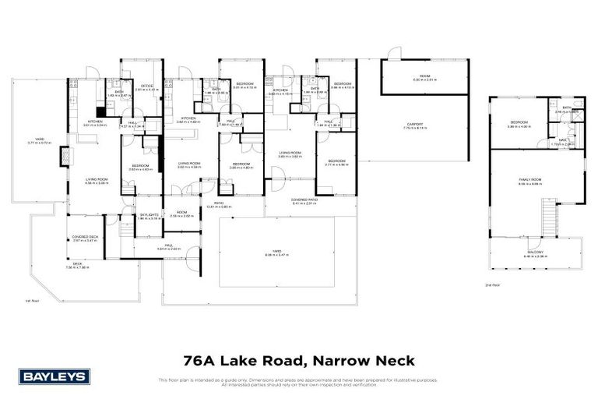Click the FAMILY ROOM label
tap(530, 179)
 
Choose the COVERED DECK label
tap(85, 237)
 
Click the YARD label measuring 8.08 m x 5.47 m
tap(277, 252)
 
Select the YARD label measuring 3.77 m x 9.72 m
tap(39, 140)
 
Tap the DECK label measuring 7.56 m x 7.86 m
tap(78, 264)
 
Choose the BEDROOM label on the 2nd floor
tap(519, 122)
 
